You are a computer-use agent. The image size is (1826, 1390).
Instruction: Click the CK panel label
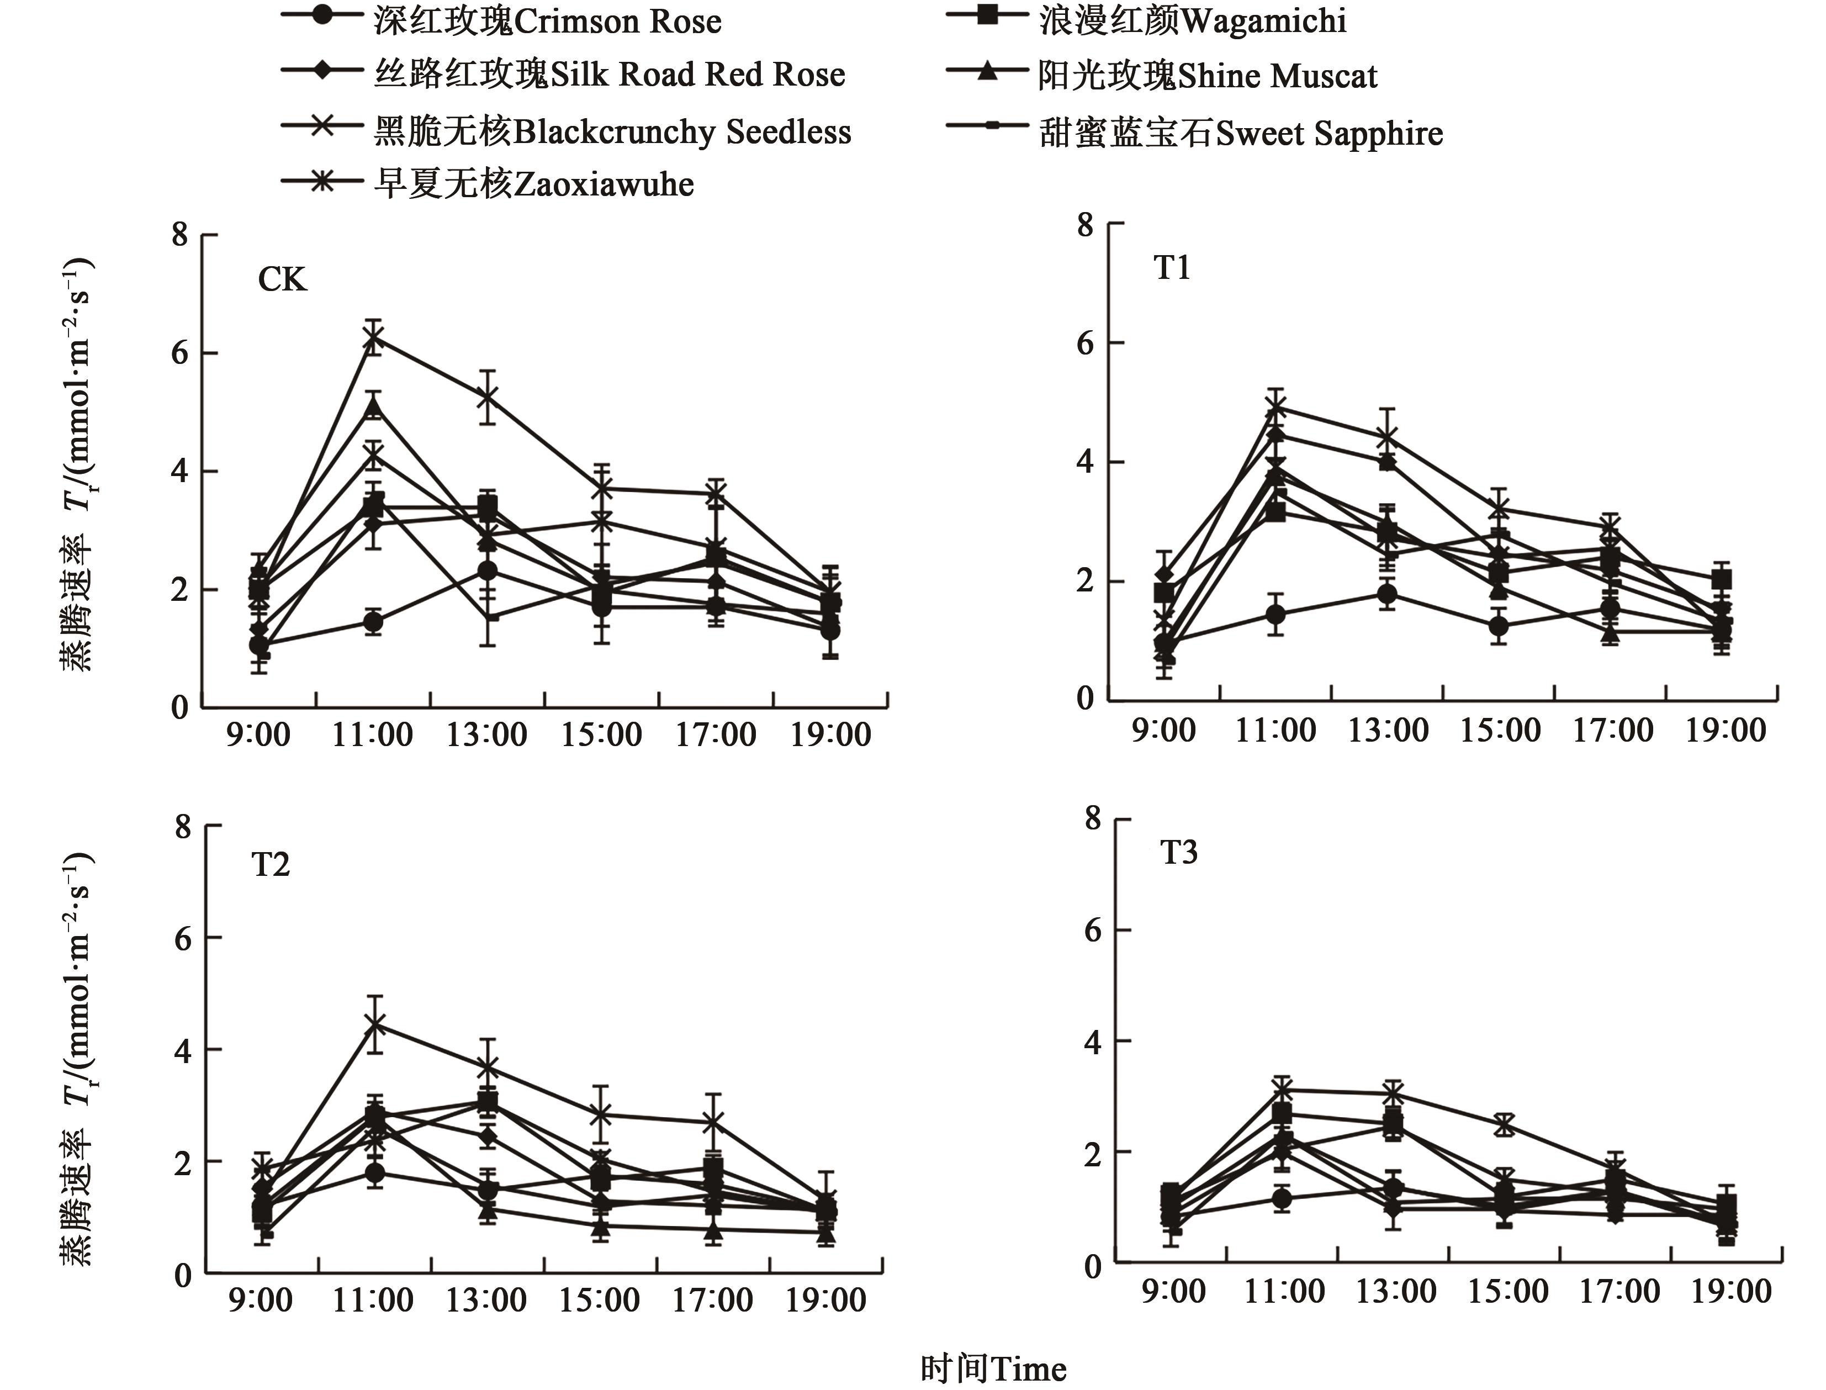282,279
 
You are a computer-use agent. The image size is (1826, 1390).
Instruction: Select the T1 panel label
1172,268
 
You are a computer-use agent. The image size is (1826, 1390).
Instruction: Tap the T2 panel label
271,865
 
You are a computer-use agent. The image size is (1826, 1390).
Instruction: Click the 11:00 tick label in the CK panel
372,734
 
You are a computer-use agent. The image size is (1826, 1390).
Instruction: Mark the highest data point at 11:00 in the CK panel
374,337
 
